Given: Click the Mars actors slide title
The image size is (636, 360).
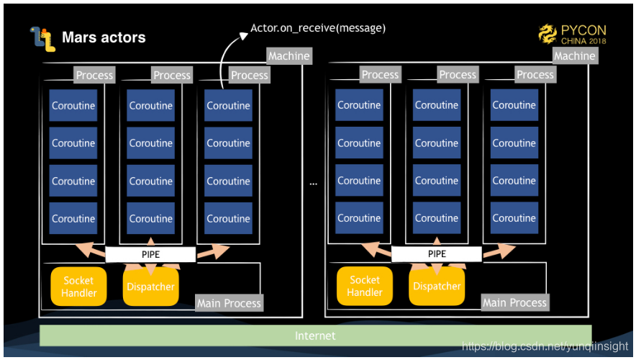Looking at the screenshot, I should click(x=104, y=37).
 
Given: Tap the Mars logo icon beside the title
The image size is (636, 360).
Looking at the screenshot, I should click(x=42, y=38).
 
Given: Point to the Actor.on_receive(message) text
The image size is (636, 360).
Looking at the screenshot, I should click(x=318, y=28).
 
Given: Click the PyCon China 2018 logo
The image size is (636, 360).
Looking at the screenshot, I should click(x=573, y=34).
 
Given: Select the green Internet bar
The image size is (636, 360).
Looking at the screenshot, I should click(x=315, y=336).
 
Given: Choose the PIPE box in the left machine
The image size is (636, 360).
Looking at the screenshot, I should click(x=150, y=254).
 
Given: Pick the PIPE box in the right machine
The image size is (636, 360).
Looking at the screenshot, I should click(x=437, y=253).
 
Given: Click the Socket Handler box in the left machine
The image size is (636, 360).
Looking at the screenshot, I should click(x=78, y=287).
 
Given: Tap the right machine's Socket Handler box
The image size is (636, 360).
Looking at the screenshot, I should click(x=365, y=286).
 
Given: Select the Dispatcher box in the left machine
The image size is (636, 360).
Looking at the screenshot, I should click(x=150, y=287).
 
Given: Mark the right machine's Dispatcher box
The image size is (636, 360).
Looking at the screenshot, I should click(x=437, y=286).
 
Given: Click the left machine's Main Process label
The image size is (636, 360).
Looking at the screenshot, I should click(x=229, y=303).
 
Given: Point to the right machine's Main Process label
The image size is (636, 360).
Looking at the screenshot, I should click(x=514, y=302).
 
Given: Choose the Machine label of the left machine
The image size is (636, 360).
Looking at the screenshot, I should click(x=289, y=55).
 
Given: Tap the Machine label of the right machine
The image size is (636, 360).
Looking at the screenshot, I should click(x=574, y=55).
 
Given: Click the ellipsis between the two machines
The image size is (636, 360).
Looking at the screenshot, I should click(x=314, y=184).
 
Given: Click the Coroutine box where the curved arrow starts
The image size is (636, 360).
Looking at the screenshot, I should click(x=228, y=106).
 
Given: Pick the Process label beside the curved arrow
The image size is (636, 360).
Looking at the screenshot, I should click(x=249, y=75).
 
